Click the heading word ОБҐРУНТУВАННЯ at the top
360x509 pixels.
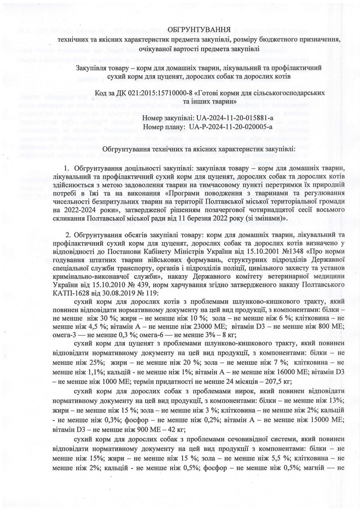coord(200,30)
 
